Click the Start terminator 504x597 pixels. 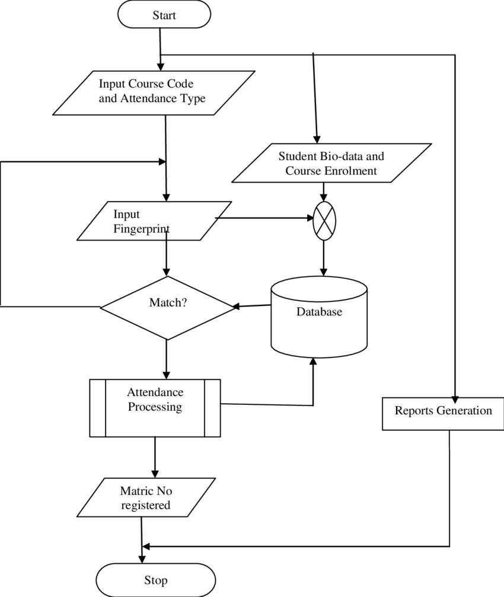coord(164,15)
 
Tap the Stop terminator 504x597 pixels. coord(155,580)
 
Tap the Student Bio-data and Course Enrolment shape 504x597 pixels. coord(331,163)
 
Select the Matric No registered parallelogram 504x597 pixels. coord(146,498)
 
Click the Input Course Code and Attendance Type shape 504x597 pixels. coord(154,92)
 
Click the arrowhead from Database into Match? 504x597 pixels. coord(235,307)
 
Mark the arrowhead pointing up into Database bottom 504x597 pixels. coord(313,362)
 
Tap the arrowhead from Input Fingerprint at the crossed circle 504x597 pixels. coord(310,219)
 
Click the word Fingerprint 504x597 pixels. coord(142,229)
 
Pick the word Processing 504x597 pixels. coord(155,407)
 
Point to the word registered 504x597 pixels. coord(146,505)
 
